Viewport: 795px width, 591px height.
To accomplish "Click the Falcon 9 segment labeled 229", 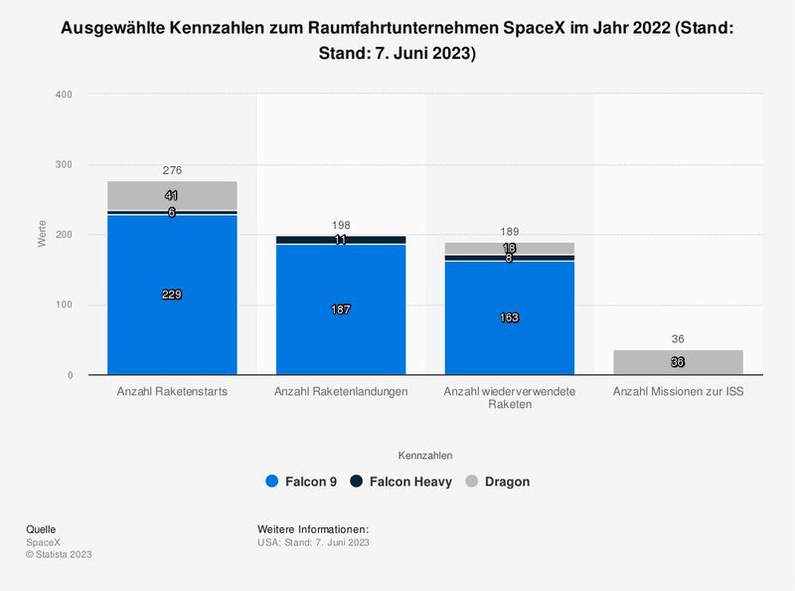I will [x=172, y=295].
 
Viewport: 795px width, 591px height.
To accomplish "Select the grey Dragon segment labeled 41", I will [x=172, y=196].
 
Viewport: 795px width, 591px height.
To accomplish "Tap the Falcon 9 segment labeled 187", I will [x=341, y=309].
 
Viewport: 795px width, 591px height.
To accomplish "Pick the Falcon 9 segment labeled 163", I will [x=510, y=317].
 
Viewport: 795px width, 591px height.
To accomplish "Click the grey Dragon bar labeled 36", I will [x=678, y=362].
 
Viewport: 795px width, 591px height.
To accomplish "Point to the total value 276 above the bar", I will [x=172, y=171].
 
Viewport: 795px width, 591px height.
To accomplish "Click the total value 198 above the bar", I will [x=341, y=226].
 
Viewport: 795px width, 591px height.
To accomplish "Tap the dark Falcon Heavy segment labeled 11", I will [x=341, y=240].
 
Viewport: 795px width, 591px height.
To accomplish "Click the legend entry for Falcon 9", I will [x=301, y=482].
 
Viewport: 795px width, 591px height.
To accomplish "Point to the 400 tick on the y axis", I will [x=64, y=95].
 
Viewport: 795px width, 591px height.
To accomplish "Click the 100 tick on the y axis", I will [x=64, y=305].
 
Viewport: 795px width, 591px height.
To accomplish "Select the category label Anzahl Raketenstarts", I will [x=172, y=392].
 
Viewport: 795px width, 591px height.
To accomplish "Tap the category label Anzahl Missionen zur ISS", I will [x=678, y=392].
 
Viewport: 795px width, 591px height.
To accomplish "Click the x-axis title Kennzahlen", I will [x=425, y=455].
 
